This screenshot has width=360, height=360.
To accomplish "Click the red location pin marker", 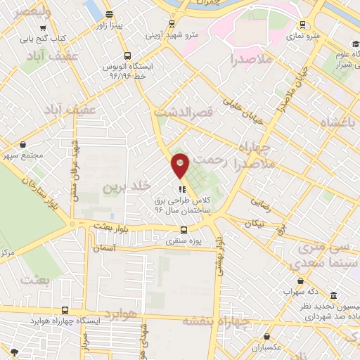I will pos(181,165).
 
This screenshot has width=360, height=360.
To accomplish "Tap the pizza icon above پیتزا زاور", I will pos(108,14).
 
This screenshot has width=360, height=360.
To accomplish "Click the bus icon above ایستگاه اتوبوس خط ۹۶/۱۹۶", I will pos(127,55).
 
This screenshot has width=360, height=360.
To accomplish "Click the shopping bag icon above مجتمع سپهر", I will pos(23,144).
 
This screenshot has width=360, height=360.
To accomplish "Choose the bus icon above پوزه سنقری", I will pos(184,229).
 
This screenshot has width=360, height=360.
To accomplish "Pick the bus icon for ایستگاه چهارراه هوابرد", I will pos(65,309).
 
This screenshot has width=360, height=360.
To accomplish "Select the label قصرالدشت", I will pos(184,112).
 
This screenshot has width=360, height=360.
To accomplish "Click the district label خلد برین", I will pos(127,186).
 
